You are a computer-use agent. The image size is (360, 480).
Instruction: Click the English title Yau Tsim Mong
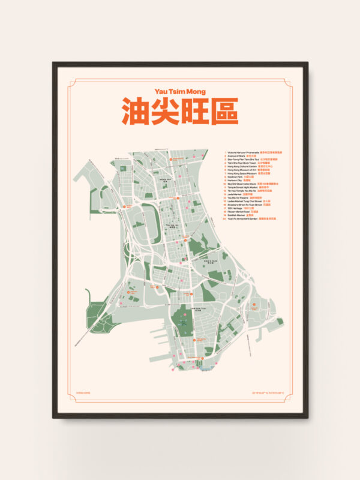pyautogui.click(x=180, y=92)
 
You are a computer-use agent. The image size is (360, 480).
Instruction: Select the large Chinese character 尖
pyautogui.click(x=166, y=111)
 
